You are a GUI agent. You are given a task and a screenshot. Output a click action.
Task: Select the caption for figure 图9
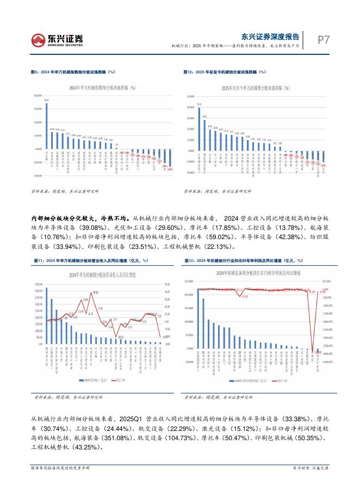(x=73, y=72)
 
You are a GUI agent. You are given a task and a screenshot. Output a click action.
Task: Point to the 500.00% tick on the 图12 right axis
(x=326, y=281)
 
